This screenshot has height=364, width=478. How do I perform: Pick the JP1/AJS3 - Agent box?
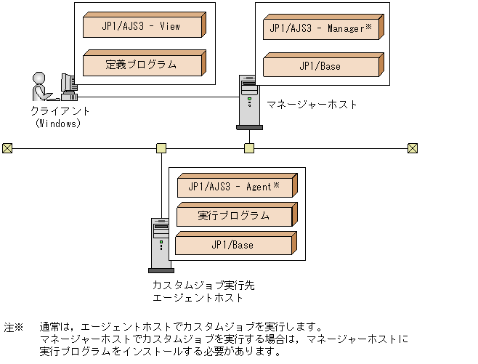235,187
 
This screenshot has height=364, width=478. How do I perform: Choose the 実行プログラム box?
235,216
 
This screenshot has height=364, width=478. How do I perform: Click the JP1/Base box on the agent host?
235,245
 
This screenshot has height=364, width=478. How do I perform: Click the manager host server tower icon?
249,102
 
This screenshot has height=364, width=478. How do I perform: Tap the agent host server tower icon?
161,244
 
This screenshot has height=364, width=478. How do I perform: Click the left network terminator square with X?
7,148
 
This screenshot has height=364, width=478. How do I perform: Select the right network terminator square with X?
412,148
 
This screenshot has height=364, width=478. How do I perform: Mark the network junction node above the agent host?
161,148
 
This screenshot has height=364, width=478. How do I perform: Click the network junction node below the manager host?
249,148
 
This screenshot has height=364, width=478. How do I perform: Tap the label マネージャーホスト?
312,105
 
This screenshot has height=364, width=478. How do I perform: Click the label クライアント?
60,111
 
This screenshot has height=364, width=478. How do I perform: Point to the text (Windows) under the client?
58,123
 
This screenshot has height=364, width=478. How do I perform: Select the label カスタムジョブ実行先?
203,286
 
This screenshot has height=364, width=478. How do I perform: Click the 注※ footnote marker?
14,328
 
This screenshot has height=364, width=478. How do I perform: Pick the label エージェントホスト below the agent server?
198,298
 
